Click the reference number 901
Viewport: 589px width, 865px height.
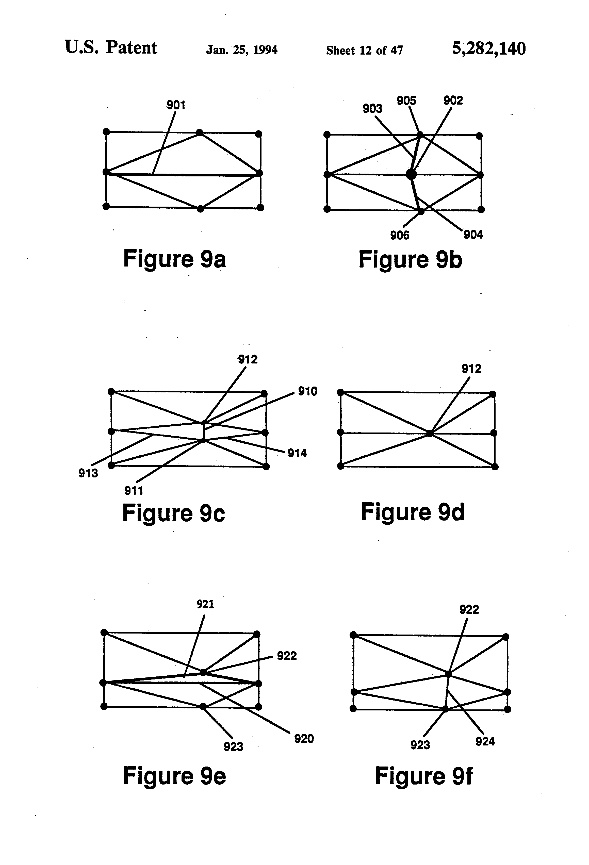(x=176, y=105)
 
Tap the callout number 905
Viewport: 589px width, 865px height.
(x=406, y=101)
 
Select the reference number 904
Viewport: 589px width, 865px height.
(x=473, y=235)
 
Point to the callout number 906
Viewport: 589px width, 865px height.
(x=400, y=235)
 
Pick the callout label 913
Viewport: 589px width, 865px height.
(x=88, y=473)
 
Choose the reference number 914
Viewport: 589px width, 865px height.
(x=297, y=453)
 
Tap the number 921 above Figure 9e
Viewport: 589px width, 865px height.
(x=205, y=604)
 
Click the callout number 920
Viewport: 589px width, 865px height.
(x=304, y=739)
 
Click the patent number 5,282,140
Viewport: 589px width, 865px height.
(x=488, y=48)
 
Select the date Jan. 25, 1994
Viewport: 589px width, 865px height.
(x=242, y=50)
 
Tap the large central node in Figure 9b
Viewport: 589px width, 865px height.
(x=411, y=174)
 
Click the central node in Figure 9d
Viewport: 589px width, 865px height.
(x=430, y=434)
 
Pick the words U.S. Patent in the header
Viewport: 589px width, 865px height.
(x=111, y=48)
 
